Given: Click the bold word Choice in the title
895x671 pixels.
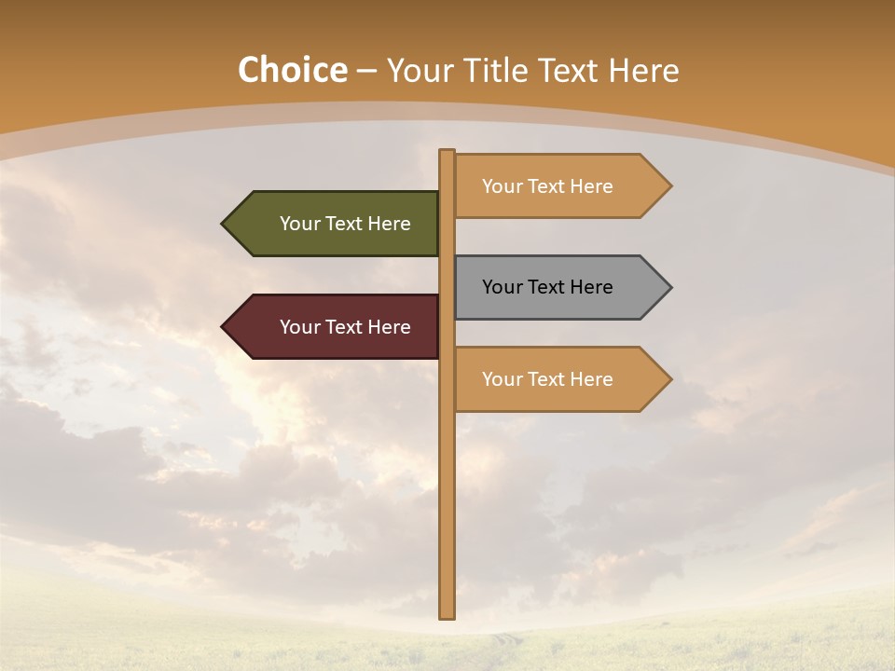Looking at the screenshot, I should point(292,70).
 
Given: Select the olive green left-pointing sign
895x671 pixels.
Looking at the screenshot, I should point(331,224).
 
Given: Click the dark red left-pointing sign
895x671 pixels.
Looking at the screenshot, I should point(331,327).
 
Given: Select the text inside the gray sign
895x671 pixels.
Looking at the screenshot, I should point(547,287).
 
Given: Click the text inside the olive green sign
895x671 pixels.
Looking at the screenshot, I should point(345,224).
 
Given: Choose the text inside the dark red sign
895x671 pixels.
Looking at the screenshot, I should point(345,327).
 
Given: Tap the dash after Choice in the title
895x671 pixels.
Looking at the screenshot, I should point(366,71).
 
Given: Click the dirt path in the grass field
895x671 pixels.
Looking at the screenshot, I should point(503,643).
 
